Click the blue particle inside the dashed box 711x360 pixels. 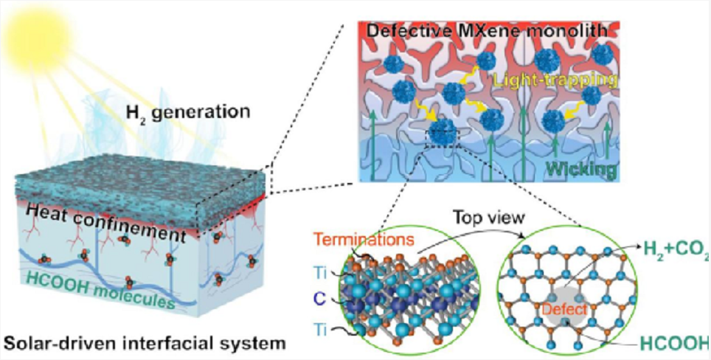pos(440,134)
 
